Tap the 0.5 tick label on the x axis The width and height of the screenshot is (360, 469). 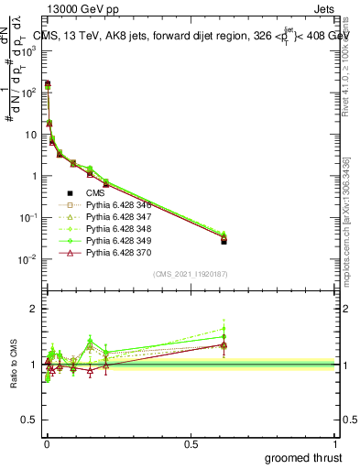(x=191, y=444)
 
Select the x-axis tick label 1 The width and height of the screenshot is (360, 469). (x=336, y=444)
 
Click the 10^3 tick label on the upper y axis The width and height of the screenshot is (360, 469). (x=25, y=51)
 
